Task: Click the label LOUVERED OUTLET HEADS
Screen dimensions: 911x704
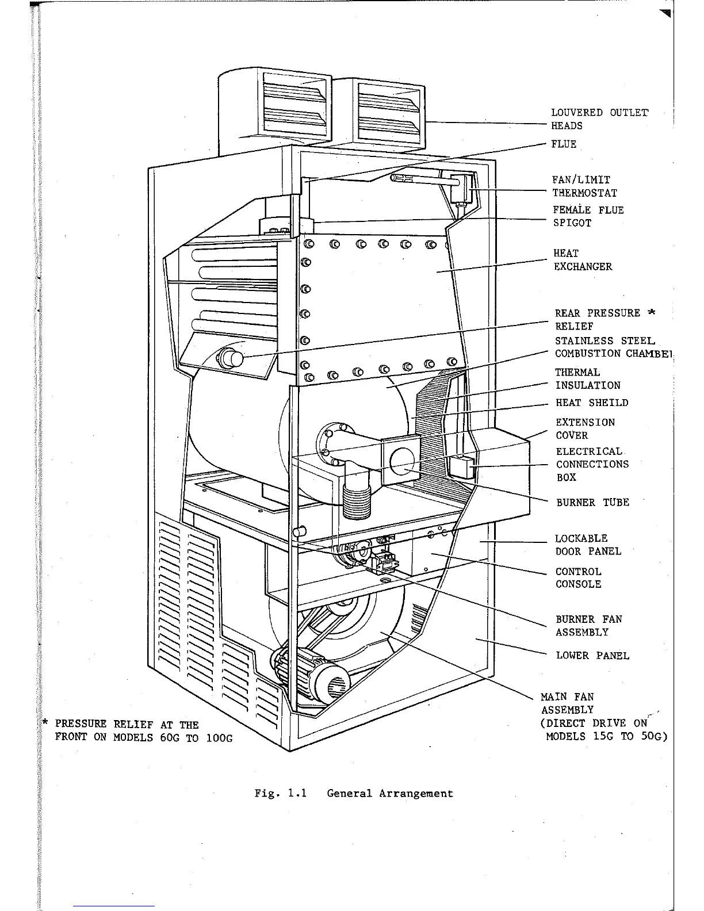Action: (x=599, y=119)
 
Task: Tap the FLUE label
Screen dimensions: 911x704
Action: (x=564, y=144)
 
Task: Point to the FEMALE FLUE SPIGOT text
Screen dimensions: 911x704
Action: (x=588, y=216)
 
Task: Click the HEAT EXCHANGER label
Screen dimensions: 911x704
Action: (x=582, y=260)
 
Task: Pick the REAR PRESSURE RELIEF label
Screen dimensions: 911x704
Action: (x=604, y=319)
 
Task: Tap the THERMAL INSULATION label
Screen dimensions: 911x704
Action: (x=587, y=379)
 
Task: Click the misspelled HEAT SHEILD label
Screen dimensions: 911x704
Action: (x=592, y=403)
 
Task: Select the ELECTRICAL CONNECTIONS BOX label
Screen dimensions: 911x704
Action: (x=592, y=464)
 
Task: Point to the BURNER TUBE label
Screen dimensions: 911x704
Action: (x=592, y=502)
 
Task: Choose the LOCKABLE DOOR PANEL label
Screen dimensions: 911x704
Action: (x=587, y=545)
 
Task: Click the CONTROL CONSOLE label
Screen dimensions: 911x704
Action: (x=578, y=578)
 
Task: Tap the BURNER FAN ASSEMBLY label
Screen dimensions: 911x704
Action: (x=588, y=626)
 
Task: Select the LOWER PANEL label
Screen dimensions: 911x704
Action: (x=592, y=656)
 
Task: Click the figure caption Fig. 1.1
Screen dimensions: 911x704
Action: (x=354, y=794)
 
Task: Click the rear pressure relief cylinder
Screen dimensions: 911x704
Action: (x=230, y=359)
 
